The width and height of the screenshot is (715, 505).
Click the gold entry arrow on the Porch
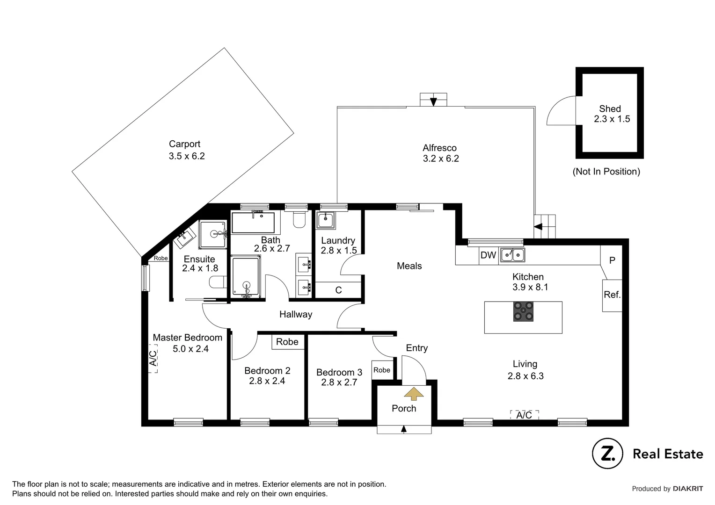[413, 394]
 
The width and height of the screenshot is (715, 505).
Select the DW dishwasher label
[488, 255]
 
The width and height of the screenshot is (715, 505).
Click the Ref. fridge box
[612, 295]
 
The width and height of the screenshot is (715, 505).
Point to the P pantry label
[612, 260]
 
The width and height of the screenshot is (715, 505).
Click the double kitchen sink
[512, 255]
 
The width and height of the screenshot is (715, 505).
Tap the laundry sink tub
[325, 220]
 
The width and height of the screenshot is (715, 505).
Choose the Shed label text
[610, 108]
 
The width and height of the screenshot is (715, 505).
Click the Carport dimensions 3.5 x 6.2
[187, 156]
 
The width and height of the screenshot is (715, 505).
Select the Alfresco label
[439, 148]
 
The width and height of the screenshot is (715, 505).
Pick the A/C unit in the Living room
[524, 415]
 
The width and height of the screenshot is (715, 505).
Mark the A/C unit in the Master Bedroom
[153, 359]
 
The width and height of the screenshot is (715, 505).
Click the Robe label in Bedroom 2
[287, 342]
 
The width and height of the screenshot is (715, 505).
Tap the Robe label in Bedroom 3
[382, 370]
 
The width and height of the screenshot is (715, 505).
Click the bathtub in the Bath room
[253, 223]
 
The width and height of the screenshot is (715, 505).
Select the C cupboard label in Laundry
[338, 290]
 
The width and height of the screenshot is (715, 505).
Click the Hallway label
[295, 314]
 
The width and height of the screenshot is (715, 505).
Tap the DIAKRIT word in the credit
[688, 489]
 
